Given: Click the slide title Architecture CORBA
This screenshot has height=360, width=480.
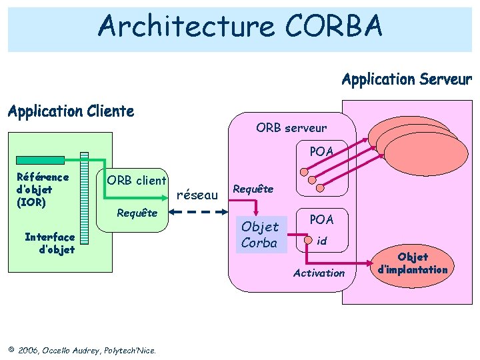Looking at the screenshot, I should (x=240, y=27).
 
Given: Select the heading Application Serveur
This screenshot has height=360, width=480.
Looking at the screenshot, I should (x=407, y=80).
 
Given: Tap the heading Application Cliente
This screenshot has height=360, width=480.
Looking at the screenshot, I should (x=71, y=111).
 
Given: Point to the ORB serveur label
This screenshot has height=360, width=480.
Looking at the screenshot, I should (x=291, y=127).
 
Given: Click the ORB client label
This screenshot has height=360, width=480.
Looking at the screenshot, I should (x=137, y=181).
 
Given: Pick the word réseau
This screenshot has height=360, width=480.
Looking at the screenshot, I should (x=200, y=195).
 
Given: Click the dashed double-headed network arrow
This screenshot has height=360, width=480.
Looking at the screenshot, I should (x=199, y=211).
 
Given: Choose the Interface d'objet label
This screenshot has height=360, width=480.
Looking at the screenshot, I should (x=49, y=243).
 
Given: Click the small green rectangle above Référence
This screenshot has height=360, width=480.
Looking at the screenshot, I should (x=41, y=160).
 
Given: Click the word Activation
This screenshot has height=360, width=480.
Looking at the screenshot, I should (x=319, y=273).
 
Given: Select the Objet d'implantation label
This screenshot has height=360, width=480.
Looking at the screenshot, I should (x=413, y=263).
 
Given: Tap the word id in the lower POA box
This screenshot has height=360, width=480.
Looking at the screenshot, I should (x=321, y=241).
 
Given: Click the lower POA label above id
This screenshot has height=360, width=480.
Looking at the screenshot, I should (x=321, y=219).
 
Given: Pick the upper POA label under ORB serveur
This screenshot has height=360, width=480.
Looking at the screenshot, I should (x=321, y=151).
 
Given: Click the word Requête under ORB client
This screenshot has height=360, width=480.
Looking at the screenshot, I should (x=137, y=213).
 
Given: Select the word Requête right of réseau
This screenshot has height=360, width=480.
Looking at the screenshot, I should (x=253, y=189).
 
